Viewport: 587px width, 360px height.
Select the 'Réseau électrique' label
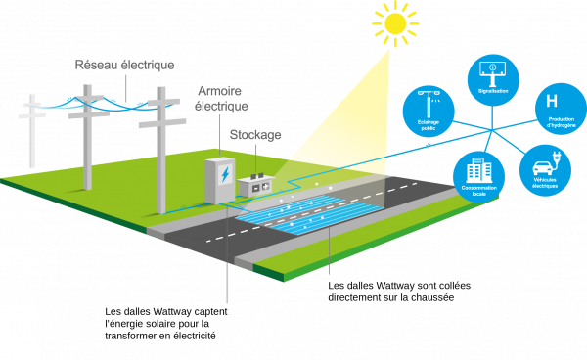tap(125, 65)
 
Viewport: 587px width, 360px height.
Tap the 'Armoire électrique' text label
tap(223, 98)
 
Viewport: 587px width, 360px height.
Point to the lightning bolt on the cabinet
tap(225, 175)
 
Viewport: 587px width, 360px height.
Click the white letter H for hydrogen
tap(551, 101)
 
